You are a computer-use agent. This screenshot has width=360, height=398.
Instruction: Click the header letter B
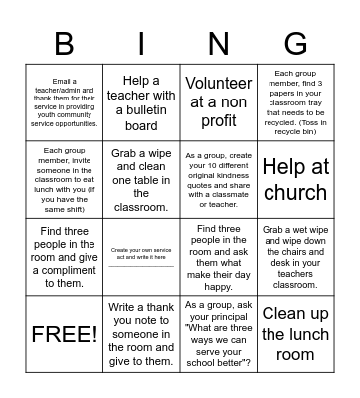[65, 45]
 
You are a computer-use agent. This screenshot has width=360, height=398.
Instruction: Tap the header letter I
[141, 45]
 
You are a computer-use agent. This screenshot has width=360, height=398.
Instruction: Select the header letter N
[219, 45]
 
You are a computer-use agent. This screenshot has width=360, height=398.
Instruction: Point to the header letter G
[295, 45]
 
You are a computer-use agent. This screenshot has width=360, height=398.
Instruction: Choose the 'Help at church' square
[295, 179]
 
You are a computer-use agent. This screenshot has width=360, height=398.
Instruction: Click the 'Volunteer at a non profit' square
[219, 102]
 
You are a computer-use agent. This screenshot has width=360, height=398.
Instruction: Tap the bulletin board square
[141, 102]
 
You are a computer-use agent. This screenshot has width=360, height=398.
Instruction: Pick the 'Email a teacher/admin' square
[65, 102]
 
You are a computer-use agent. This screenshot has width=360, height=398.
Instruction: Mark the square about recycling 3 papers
[295, 102]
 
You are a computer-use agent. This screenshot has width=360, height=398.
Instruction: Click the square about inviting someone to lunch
[65, 179]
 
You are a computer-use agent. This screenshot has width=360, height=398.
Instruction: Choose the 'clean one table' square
[141, 179]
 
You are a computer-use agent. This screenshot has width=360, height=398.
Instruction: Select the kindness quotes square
[219, 179]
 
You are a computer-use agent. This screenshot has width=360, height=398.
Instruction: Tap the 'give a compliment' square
[65, 257]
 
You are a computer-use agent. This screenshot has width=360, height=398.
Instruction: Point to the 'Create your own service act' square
[141, 257]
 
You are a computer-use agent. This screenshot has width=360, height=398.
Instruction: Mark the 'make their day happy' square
[219, 257]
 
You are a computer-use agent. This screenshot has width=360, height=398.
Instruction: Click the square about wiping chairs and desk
[295, 257]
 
